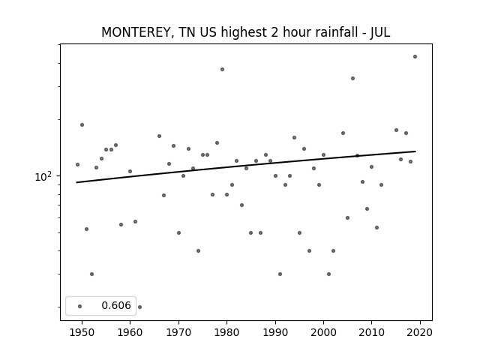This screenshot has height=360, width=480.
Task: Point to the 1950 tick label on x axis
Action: tap(82, 332)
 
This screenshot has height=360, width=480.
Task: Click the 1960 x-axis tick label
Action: tap(130, 332)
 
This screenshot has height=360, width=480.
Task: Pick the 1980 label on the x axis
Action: tap(226, 332)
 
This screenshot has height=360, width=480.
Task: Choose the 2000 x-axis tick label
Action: tap(323, 332)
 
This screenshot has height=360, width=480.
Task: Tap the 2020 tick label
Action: tap(420, 332)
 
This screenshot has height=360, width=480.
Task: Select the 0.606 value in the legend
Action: tap(116, 305)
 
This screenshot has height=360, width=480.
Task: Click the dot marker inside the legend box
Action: tap(80, 306)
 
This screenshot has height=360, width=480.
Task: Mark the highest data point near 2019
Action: tap(415, 57)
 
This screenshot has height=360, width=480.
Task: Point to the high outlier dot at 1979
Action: tap(222, 70)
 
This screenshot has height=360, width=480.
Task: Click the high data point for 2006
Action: tap(352, 78)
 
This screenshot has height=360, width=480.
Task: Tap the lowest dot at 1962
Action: tap(140, 307)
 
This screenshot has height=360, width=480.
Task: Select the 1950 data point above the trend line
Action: tap(82, 125)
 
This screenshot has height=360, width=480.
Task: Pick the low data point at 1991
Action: tap(280, 274)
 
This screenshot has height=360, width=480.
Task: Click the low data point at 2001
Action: tap(328, 274)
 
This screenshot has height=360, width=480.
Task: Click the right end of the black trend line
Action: tap(415, 151)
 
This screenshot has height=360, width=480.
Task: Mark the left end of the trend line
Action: tap(76, 182)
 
